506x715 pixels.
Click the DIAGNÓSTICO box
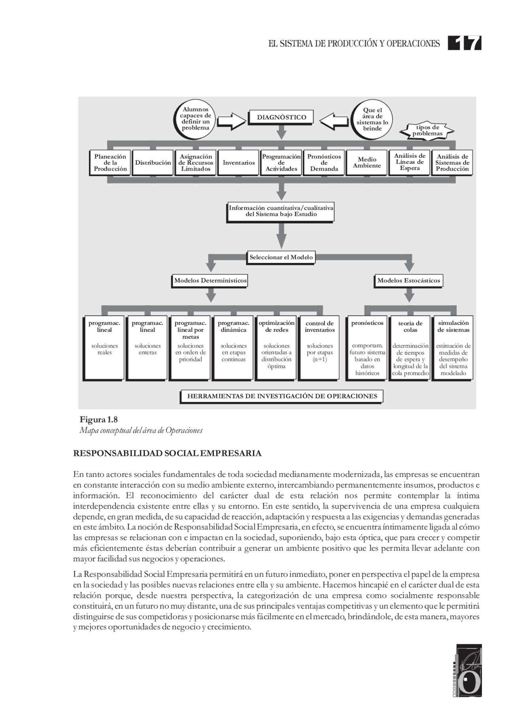[281, 117]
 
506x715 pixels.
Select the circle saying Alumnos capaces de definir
[195, 118]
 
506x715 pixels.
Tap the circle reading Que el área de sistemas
[372, 119]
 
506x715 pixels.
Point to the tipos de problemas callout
[427, 130]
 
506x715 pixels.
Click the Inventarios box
[238, 163]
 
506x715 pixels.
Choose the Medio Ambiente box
[366, 163]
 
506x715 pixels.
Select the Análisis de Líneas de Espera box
[410, 162]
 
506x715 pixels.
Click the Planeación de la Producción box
[110, 163]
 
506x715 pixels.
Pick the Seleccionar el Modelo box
[281, 257]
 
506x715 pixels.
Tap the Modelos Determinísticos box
[210, 281]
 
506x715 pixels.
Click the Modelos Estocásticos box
[408, 281]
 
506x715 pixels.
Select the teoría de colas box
[410, 347]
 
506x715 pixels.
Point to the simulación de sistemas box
[453, 347]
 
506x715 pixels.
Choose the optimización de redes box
[276, 347]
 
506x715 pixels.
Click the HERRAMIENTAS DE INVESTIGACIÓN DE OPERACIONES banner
[281, 396]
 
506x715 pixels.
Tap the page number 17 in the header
[465, 43]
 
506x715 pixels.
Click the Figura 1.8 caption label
[98, 419]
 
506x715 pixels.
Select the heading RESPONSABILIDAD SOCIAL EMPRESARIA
[167, 453]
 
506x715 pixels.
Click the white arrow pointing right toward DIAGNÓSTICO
[232, 121]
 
